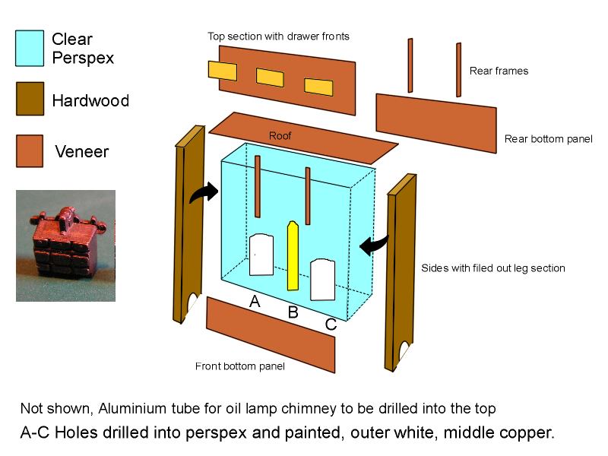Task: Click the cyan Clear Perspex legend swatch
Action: click(30, 49)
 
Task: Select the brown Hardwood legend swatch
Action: click(30, 99)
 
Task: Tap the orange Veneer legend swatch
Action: click(30, 150)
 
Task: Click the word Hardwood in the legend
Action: click(90, 100)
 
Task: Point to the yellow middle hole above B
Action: click(293, 256)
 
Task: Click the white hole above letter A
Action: click(261, 255)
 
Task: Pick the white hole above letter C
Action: click(322, 280)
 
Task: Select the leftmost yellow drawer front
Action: click(223, 71)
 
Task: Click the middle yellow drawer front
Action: click(270, 78)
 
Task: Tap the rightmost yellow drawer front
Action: click(318, 87)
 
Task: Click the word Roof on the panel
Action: click(280, 136)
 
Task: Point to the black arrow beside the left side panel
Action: click(204, 192)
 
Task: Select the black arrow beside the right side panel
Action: click(374, 245)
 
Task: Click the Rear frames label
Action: click(499, 71)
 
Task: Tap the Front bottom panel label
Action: click(239, 366)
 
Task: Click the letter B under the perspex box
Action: click(293, 312)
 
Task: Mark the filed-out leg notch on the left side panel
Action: click(192, 302)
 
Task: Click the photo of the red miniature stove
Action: click(65, 245)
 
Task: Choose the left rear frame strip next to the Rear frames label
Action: click(410, 65)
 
